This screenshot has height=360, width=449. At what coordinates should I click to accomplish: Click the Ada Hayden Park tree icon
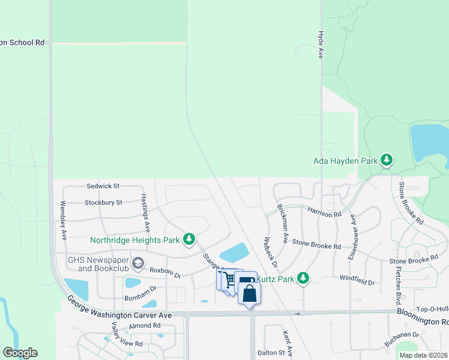[x=388, y=160]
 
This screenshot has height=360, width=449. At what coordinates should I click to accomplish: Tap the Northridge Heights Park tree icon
[x=190, y=240]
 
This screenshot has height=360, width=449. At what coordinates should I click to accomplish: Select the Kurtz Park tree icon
[x=304, y=278]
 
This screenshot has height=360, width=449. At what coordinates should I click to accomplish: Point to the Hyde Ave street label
[x=321, y=45]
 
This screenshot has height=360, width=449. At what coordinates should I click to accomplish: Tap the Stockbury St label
[x=103, y=203]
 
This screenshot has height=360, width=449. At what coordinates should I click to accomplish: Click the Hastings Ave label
[x=145, y=214]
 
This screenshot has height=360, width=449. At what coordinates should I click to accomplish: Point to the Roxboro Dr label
[x=165, y=273]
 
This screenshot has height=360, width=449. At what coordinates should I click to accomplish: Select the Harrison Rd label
[x=324, y=212]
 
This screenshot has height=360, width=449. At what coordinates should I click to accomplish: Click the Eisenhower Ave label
[x=353, y=241]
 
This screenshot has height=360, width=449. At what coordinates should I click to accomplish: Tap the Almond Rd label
[x=145, y=325]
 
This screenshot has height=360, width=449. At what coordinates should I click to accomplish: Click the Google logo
[x=20, y=353]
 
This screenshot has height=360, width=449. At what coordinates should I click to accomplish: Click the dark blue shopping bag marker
[x=249, y=293]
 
